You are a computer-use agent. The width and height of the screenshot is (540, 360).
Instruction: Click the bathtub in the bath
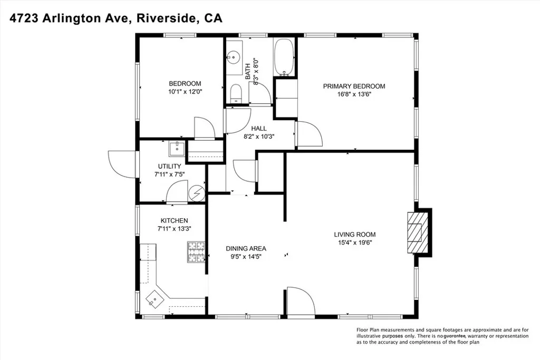(x=284, y=57)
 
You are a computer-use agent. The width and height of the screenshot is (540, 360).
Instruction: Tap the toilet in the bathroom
(x=236, y=93)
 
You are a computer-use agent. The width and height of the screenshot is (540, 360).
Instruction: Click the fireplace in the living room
(x=418, y=232)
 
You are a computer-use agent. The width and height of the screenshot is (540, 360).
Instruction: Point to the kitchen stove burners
(x=196, y=252)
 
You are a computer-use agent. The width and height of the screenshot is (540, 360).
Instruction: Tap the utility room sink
(x=177, y=148)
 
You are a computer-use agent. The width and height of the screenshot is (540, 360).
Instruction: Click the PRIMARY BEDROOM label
(x=354, y=86)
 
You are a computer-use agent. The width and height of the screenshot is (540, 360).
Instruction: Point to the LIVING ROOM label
(x=355, y=235)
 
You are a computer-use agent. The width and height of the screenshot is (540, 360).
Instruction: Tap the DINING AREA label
(x=246, y=248)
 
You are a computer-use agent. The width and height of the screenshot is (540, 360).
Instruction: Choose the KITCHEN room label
(x=174, y=221)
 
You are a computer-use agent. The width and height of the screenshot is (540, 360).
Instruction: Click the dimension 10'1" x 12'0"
(x=185, y=92)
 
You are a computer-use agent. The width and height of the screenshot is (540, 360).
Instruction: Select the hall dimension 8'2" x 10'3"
(x=259, y=137)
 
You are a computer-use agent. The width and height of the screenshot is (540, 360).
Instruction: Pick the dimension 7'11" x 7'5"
(x=169, y=174)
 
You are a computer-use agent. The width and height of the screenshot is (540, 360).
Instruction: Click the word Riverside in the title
(x=166, y=18)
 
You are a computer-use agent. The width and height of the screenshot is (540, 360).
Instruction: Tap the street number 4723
(x=24, y=18)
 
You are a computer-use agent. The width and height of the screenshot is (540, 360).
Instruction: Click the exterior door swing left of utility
(x=122, y=164)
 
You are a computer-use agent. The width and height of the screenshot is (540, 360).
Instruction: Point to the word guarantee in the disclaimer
(x=455, y=336)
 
